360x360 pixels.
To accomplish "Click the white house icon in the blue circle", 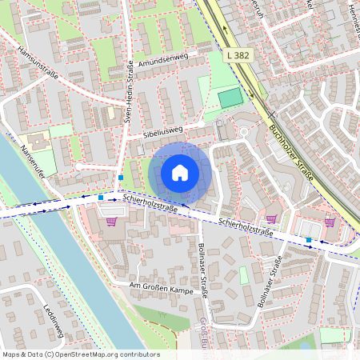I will pos(180,173).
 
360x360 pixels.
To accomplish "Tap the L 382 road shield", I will pos(239,54).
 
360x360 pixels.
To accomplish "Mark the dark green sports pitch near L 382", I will pos(230,98).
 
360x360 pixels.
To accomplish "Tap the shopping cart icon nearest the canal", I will pos(110,221).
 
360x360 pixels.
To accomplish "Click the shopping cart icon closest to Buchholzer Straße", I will pos(330,222).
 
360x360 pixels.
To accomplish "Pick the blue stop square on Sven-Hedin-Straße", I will pos(120,177).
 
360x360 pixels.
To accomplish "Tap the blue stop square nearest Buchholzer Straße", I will pos(308,239).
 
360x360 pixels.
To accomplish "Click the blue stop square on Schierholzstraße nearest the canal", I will pos(101,196).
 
